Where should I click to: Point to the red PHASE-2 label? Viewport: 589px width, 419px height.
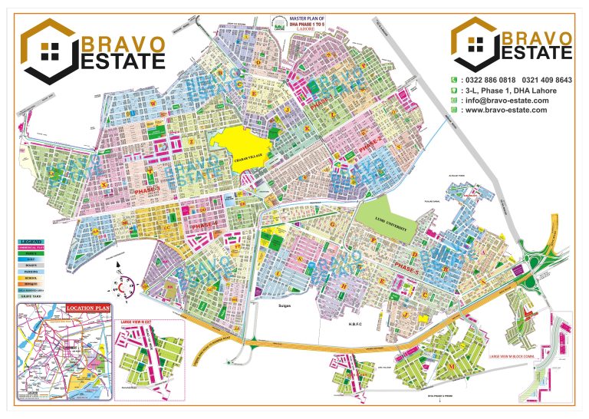[370, 143]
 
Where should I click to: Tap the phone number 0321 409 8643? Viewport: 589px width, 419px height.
[547, 80]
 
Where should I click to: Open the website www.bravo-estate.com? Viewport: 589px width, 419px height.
[505, 110]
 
